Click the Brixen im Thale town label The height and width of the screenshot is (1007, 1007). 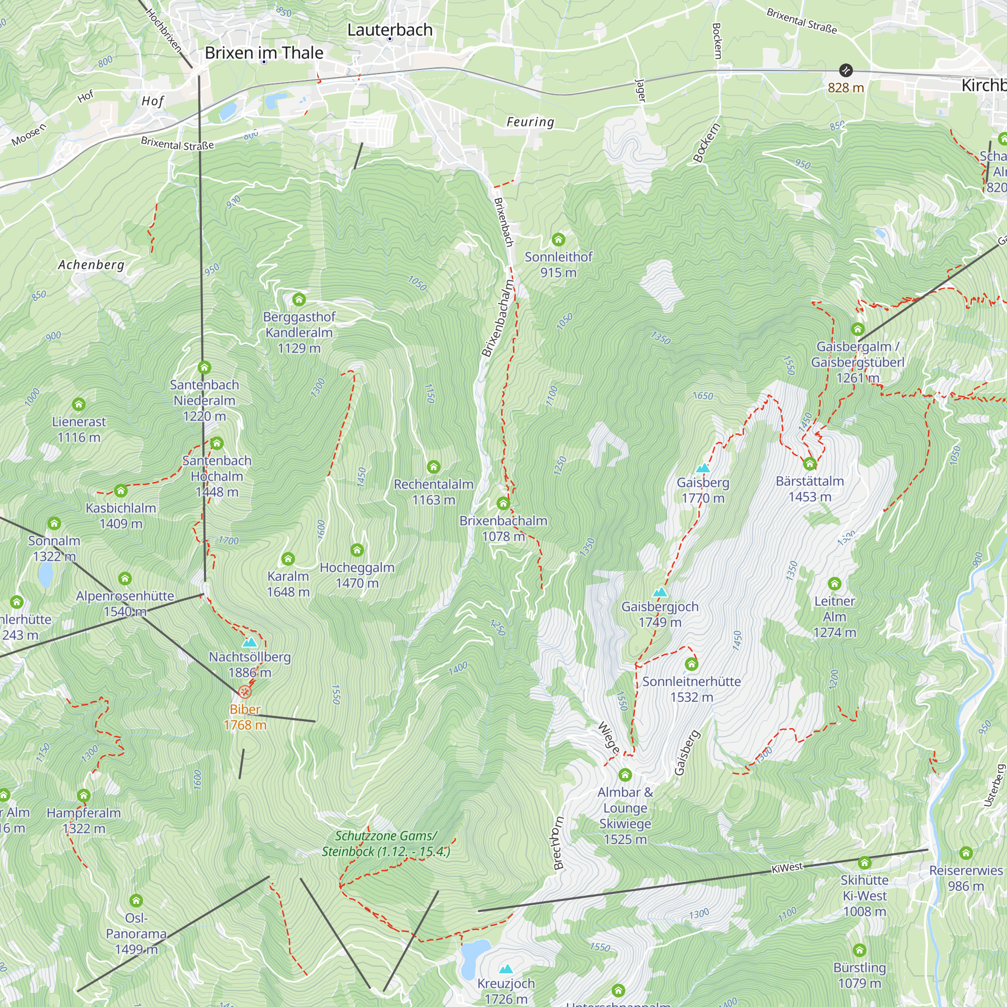pyautogui.click(x=264, y=53)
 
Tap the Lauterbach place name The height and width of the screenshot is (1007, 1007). pyautogui.click(x=390, y=30)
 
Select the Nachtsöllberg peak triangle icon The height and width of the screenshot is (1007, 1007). pyautogui.click(x=250, y=642)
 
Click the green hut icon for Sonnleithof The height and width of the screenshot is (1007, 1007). pyautogui.click(x=558, y=240)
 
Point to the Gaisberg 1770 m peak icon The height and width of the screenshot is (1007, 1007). pyautogui.click(x=703, y=468)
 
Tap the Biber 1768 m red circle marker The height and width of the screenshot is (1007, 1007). pyautogui.click(x=245, y=692)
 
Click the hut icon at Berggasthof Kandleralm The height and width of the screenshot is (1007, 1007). pyautogui.click(x=299, y=299)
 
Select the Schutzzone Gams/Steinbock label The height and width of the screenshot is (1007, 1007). pyautogui.click(x=386, y=843)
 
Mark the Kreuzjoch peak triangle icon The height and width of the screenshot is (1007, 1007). pyautogui.click(x=506, y=969)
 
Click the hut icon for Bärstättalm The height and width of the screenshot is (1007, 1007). pyautogui.click(x=810, y=463)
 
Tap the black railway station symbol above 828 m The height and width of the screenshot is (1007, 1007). pyautogui.click(x=846, y=70)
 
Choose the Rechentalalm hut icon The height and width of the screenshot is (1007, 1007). pyautogui.click(x=433, y=467)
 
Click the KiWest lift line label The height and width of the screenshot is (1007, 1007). pyautogui.click(x=787, y=868)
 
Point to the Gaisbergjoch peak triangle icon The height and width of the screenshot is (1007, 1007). pyautogui.click(x=660, y=592)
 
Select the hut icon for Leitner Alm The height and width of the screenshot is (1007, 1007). pyautogui.click(x=834, y=583)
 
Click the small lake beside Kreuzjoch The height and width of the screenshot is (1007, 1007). pyautogui.click(x=472, y=957)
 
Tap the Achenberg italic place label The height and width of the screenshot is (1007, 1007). pyautogui.click(x=91, y=265)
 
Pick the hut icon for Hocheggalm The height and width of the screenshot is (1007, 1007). pyautogui.click(x=357, y=550)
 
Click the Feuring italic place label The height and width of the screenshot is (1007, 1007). pyautogui.click(x=530, y=122)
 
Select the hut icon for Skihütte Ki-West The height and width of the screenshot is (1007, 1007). pyautogui.click(x=865, y=862)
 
